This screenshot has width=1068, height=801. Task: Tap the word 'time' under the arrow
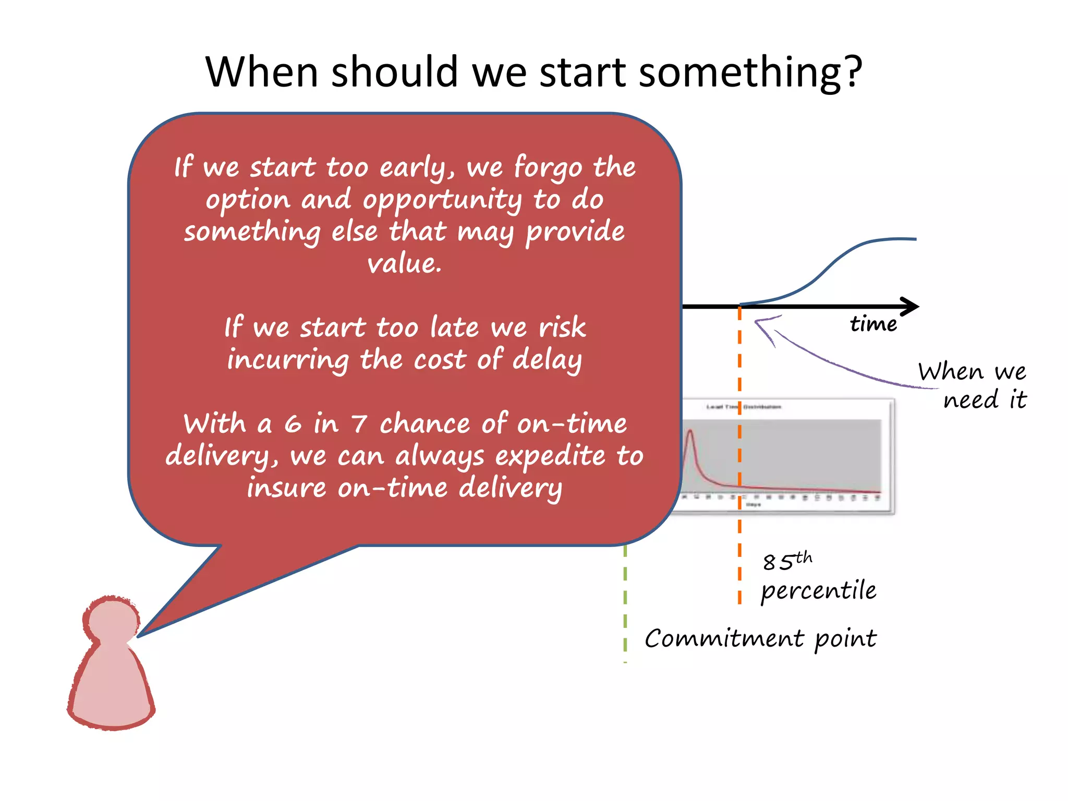tap(873, 324)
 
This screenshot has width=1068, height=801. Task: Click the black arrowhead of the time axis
tap(910, 307)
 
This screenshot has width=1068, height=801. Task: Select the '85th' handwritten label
tap(787, 561)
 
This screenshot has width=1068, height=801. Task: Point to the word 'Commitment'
tap(724, 639)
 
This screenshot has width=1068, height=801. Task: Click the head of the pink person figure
tap(111, 621)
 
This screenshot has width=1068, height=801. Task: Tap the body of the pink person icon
tap(111, 688)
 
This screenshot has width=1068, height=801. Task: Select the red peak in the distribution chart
tap(690, 432)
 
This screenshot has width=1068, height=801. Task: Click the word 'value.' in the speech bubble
tap(404, 263)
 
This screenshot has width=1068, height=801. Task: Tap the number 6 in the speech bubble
tap(293, 424)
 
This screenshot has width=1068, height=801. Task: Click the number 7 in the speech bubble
tap(359, 424)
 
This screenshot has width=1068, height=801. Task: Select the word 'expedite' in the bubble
tap(550, 457)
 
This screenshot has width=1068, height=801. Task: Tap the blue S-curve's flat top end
tap(905, 239)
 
